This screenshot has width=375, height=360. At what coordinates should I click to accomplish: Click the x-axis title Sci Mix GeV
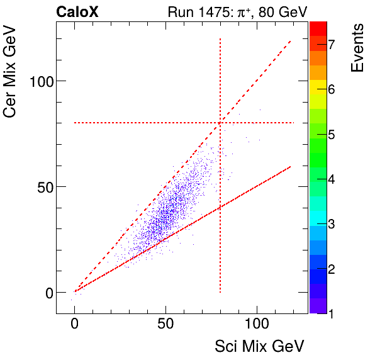click(x=259, y=346)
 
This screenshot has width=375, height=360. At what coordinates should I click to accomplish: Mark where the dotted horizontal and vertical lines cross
click(x=220, y=123)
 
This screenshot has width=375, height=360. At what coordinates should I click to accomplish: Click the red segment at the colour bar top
click(x=318, y=28)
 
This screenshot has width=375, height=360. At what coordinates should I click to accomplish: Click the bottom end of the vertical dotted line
click(x=220, y=292)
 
